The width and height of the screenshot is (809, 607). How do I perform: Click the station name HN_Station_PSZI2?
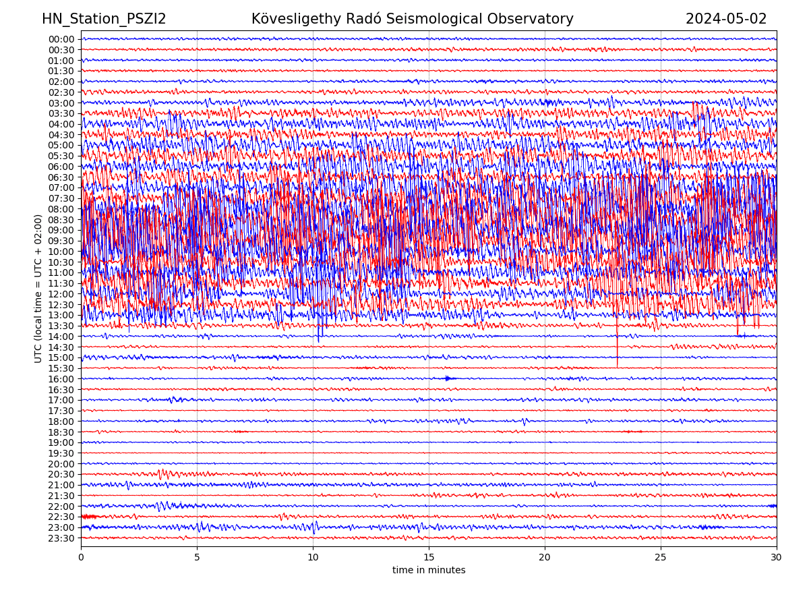coord(104,20)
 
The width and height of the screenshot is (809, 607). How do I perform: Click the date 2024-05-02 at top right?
coord(726,20)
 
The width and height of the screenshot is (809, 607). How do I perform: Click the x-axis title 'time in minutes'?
coord(429,571)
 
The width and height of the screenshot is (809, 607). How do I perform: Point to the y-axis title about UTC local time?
coord(38,289)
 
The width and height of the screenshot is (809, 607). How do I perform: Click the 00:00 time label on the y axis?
coord(61,39)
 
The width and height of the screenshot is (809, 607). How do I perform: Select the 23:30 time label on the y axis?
coord(61,538)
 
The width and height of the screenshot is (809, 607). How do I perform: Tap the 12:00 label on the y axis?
coord(61,294)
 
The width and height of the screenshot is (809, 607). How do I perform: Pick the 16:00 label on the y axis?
coord(61,379)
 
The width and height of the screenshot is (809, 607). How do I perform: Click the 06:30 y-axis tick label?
coord(61,177)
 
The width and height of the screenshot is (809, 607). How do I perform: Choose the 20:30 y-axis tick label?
coord(61,474)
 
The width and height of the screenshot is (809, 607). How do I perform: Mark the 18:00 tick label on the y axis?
coord(61,422)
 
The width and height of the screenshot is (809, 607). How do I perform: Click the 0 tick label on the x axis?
coord(81,558)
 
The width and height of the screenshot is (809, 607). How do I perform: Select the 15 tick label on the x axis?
coord(429,558)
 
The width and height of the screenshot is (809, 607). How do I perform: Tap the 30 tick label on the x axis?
coord(777,558)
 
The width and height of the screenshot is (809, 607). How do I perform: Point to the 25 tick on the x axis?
coord(661,558)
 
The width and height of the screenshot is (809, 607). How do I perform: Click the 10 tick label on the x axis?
coord(313,558)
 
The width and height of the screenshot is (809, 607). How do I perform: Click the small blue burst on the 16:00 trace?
coord(448,378)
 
